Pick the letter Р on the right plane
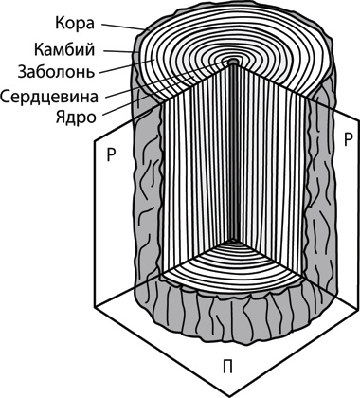tap(348, 139)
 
